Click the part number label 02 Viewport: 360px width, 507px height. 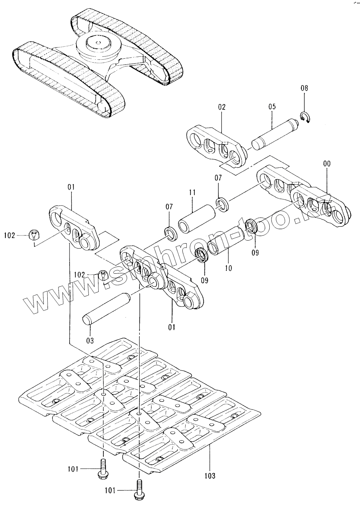point(222,107)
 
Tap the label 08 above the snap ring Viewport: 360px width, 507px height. point(304,88)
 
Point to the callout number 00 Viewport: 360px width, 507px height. point(327,164)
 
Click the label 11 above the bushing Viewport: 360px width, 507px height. point(192,192)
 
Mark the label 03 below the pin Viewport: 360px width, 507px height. point(90,341)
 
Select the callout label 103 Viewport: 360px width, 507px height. point(210,475)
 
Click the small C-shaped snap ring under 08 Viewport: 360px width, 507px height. point(305,118)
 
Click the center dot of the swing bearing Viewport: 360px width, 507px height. point(98,43)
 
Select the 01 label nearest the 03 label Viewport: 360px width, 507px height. point(172,327)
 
